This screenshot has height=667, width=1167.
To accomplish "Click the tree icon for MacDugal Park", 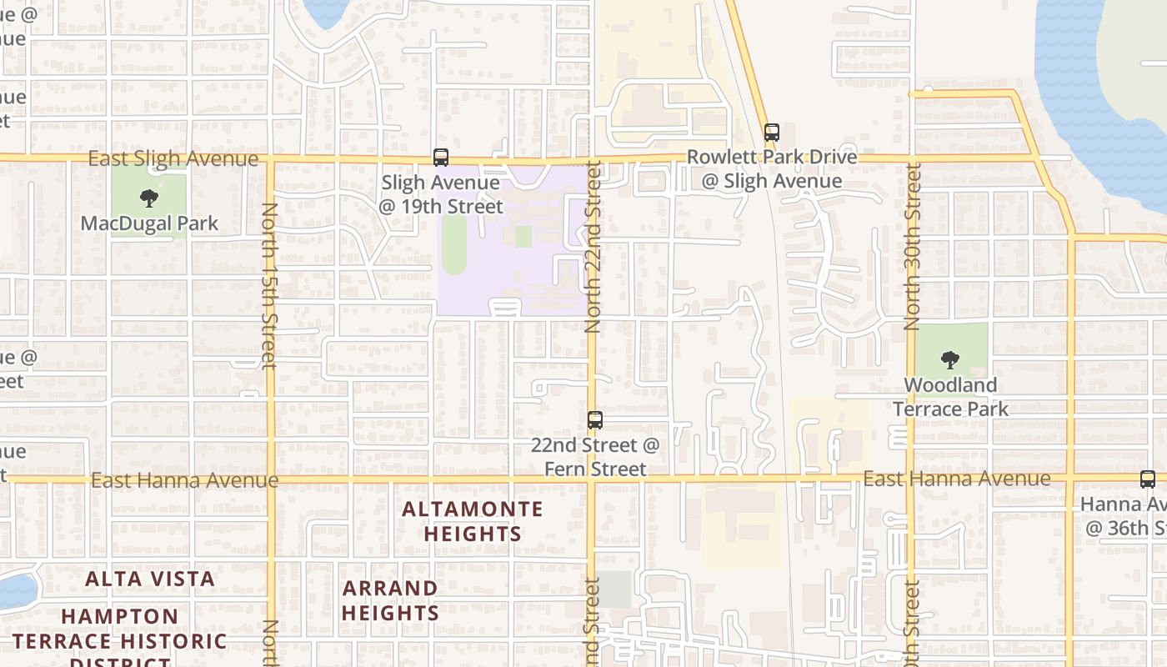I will (149, 198).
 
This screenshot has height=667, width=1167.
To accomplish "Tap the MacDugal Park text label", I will (149, 223).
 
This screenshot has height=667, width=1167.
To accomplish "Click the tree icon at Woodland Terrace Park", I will (949, 360).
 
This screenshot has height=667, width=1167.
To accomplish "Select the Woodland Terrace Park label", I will (950, 397).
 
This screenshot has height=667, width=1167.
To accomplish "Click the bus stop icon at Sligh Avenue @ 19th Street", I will (440, 157).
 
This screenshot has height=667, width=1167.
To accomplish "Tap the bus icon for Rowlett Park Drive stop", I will (772, 132).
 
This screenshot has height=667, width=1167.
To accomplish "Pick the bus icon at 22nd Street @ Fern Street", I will (595, 420).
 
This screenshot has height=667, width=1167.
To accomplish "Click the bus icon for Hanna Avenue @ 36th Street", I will (1148, 479).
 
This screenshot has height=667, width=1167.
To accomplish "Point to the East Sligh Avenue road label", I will (173, 158).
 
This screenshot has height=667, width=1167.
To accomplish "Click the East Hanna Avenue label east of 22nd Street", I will (956, 479).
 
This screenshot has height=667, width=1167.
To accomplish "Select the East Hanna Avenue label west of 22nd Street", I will (184, 480).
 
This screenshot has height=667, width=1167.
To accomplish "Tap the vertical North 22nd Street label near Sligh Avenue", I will (593, 248).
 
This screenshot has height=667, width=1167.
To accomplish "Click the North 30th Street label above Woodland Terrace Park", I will (912, 247).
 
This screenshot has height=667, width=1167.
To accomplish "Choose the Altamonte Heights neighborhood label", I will (473, 521).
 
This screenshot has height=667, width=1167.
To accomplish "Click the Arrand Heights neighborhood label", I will (390, 600).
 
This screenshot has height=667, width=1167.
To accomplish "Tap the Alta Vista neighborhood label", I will (150, 579).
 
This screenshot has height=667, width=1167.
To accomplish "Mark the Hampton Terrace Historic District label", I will (119, 640).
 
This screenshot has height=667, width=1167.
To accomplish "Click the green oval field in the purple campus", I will (454, 243).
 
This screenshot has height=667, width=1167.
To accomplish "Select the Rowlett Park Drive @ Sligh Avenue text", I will (771, 169).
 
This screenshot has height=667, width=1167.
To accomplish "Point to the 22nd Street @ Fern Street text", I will (595, 457).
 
